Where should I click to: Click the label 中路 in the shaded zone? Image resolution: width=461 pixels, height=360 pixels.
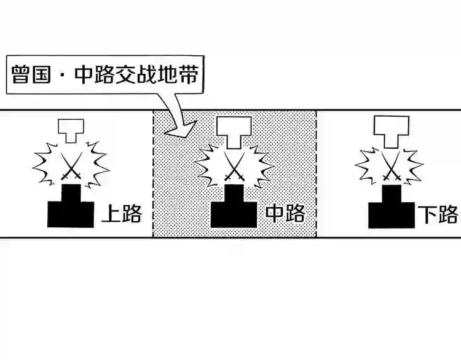tap(285, 213)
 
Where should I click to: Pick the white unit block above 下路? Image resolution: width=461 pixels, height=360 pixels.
tap(391, 131)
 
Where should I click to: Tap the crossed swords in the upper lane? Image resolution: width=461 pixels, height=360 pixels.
tap(71, 165)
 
